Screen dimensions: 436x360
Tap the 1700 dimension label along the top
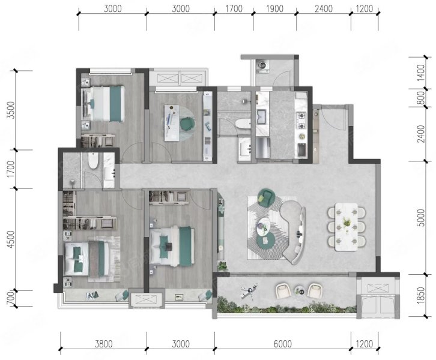(x=234, y=8)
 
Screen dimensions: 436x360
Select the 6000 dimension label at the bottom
(x=283, y=344)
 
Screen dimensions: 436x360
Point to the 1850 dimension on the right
(x=421, y=295)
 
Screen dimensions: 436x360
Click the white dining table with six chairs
(x=346, y=227)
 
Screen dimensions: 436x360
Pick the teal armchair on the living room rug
(x=266, y=197)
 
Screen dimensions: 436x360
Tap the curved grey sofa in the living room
(x=294, y=232)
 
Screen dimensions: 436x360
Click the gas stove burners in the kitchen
(x=301, y=120)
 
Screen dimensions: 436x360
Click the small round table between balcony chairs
(x=300, y=290)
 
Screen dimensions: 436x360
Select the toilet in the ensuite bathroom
(x=93, y=160)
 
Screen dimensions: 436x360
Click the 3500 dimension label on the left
(x=11, y=110)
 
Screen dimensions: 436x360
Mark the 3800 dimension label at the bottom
(x=104, y=344)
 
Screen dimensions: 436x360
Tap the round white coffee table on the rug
(x=263, y=224)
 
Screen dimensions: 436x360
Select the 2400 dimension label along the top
(x=324, y=8)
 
